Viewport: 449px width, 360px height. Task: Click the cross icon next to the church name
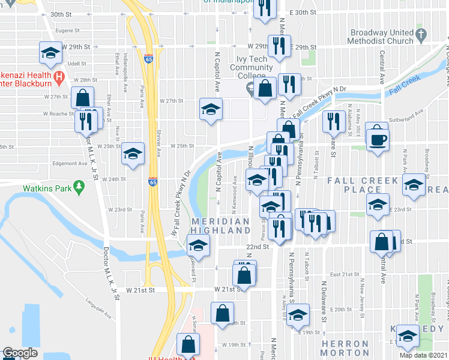tap(421, 34)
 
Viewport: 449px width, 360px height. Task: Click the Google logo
tap(20, 353)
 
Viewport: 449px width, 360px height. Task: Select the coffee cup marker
tap(376, 137)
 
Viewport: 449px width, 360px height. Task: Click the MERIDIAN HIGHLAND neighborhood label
tap(220, 226)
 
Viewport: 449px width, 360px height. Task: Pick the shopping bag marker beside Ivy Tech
tap(264, 88)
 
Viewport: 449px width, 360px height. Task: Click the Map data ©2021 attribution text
tap(424, 355)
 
